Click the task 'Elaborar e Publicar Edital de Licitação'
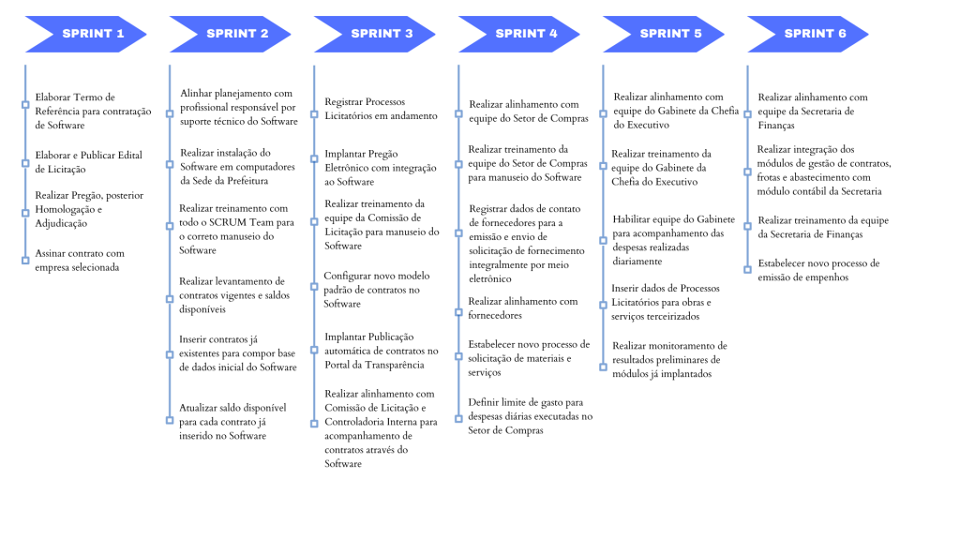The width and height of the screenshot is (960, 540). pos(88,162)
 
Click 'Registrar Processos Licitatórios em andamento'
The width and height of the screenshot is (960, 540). pos(381,109)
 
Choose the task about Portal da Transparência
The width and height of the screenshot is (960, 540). pos(381,351)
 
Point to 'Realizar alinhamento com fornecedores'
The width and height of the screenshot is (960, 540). pos(523,308)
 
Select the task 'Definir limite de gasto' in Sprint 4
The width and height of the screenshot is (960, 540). pos(531,416)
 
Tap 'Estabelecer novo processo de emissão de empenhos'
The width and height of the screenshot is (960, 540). pos(818,270)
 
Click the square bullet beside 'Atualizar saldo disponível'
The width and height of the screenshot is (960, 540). pos(170,415)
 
